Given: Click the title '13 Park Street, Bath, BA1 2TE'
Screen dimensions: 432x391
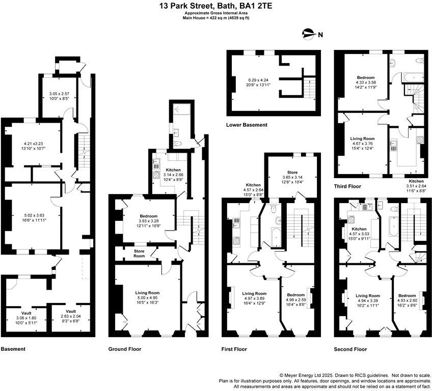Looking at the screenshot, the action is tap(215, 6).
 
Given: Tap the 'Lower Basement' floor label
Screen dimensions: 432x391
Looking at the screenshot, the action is tap(247, 125).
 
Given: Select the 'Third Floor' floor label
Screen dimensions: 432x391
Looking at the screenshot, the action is tap(347, 186).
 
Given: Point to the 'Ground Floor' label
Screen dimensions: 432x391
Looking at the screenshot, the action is tap(125, 349).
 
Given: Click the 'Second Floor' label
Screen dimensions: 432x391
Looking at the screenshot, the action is tap(350, 349).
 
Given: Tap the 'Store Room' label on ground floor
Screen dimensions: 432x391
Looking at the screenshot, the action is tap(139, 253).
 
